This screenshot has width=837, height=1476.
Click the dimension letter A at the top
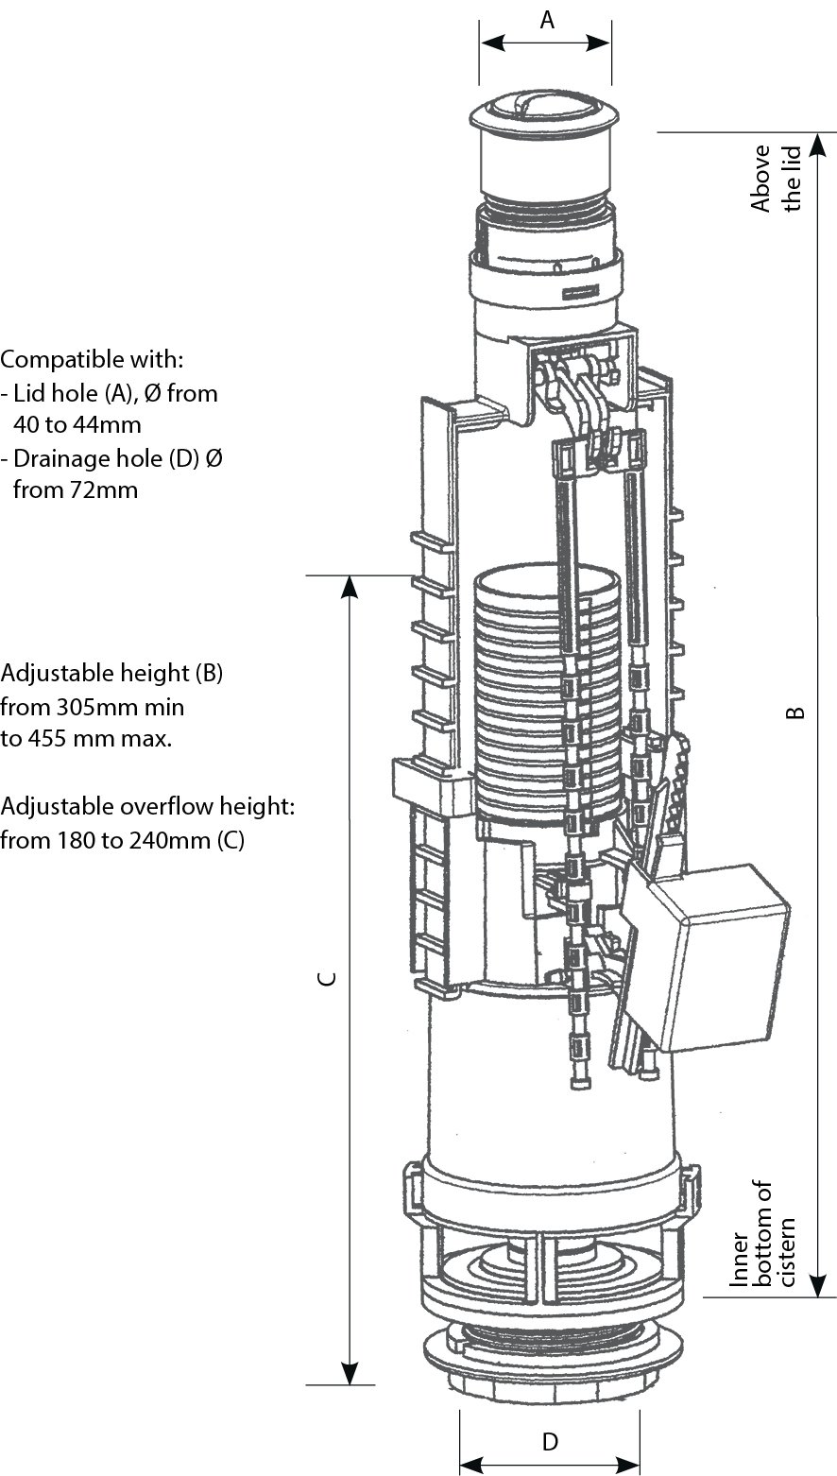coord(546,20)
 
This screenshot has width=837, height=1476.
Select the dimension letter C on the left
coord(325,980)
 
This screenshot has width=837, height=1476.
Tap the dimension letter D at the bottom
coord(550,1442)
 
